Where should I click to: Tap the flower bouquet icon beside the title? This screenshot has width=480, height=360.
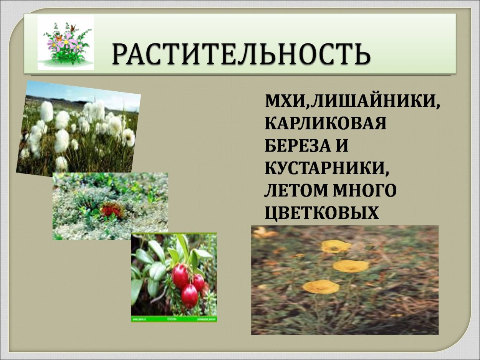[66, 43]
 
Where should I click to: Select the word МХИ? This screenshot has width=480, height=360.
[285, 102]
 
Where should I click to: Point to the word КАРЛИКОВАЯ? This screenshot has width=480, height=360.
[325, 124]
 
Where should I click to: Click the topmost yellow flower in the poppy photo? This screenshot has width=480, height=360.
[336, 246]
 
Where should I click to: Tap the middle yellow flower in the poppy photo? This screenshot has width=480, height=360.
[351, 266]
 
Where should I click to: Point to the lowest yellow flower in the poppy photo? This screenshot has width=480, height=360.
[321, 286]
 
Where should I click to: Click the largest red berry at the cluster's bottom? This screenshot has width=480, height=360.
[189, 296]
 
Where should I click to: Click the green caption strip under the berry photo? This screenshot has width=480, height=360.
[174, 319]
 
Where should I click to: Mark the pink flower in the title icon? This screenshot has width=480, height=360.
[69, 39]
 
